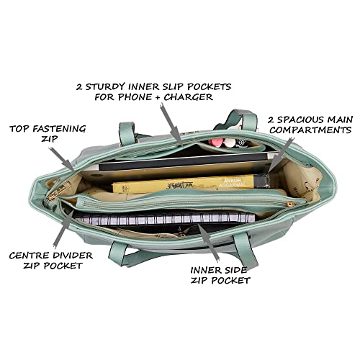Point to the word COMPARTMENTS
coord(310,130)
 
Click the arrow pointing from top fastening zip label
coord(62,159)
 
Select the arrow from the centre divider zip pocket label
coord(63,229)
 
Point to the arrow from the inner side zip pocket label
coord(208,243)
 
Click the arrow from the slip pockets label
coord(171,125)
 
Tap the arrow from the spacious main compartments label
coord(282,155)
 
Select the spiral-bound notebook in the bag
coord(164,218)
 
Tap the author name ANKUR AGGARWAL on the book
coord(233,182)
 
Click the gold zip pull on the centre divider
coord(291,204)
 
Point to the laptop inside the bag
coord(182,166)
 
